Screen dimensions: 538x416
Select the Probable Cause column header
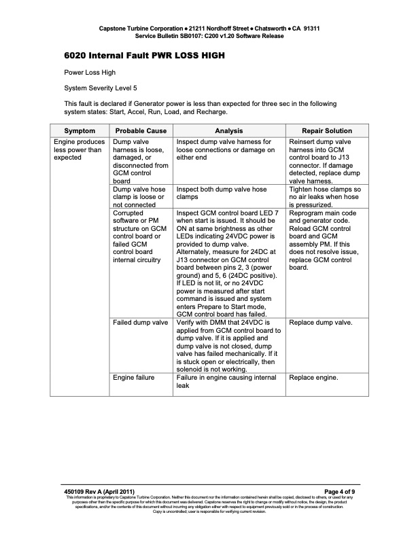click(x=141, y=130)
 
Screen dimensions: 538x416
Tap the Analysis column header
click(x=229, y=130)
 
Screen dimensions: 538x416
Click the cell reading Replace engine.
click(x=313, y=377)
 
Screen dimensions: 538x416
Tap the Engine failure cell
click(x=134, y=377)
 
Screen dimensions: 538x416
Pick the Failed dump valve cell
click(x=141, y=323)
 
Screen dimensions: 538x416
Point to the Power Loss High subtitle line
click(x=90, y=71)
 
